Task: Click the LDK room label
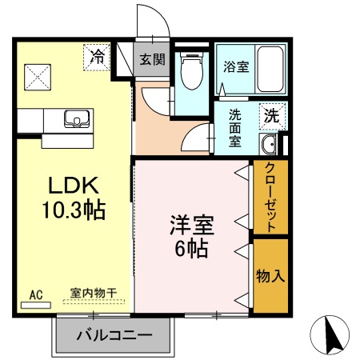coord(74,186)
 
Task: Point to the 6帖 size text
coord(191,248)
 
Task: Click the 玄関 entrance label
coord(152,59)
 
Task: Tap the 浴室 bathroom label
coord(236,66)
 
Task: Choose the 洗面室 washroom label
coord(235,128)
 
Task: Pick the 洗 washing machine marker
coord(272,115)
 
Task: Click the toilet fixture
coord(190,74)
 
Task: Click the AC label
coord(35,294)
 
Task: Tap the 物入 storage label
coord(270,276)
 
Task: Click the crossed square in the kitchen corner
coord(37,78)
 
